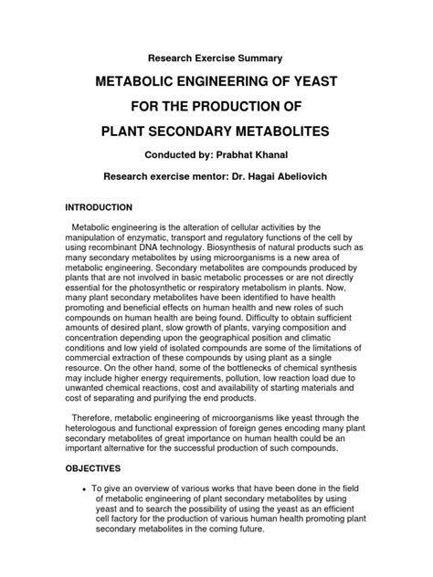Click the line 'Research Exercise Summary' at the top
(216, 58)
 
